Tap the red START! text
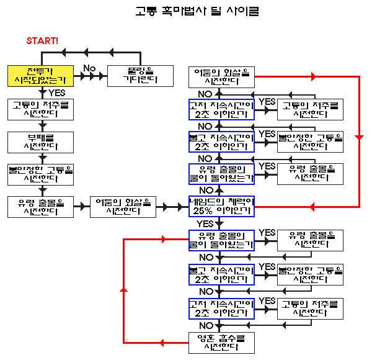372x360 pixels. tap(43, 41)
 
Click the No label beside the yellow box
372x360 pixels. tap(89, 68)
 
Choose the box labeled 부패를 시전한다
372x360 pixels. tap(42, 141)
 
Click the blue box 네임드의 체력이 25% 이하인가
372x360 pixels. tap(221, 206)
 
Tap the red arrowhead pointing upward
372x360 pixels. tap(124, 290)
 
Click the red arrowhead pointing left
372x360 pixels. tap(164, 238)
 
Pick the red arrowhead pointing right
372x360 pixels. tap(314, 76)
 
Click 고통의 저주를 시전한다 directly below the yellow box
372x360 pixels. tap(42, 108)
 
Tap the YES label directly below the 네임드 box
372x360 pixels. tap(205, 223)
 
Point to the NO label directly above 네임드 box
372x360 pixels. tap(205, 189)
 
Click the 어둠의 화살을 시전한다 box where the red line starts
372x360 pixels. tap(221, 77)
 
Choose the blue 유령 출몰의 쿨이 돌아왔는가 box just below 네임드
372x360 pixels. tap(221, 240)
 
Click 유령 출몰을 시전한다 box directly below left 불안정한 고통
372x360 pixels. tap(42, 206)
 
